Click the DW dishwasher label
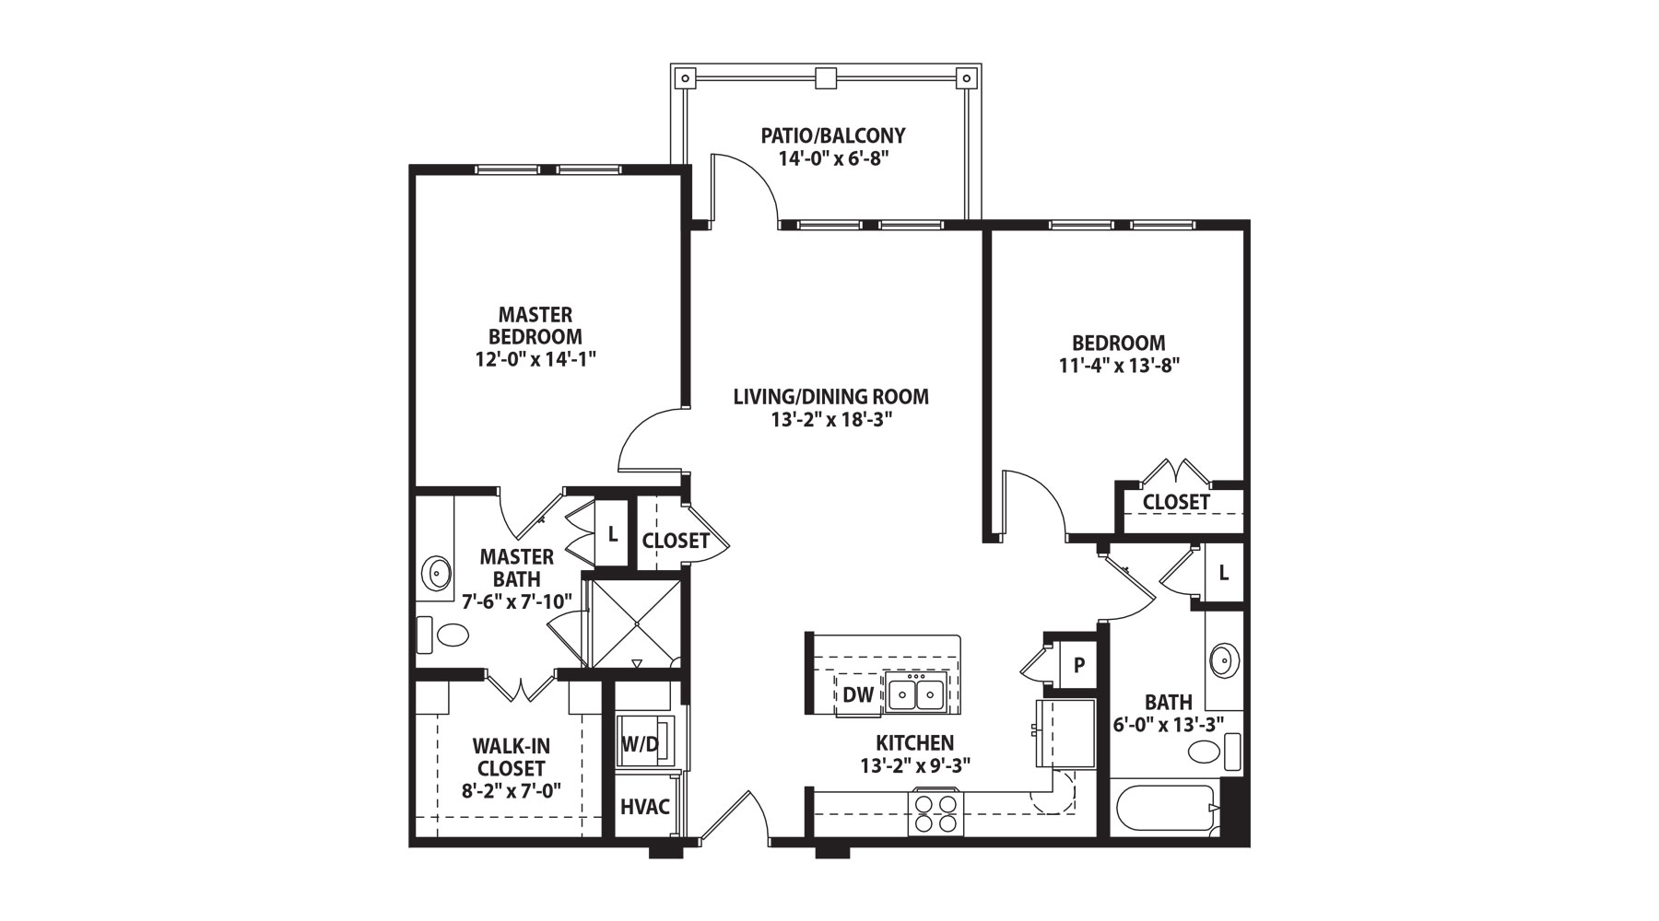click(858, 694)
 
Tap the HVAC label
click(644, 807)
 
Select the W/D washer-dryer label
click(640, 743)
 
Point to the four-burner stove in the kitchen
click(936, 813)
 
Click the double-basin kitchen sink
click(917, 694)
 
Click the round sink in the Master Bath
click(436, 573)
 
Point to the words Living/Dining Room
click(830, 397)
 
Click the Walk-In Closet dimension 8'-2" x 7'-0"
click(512, 789)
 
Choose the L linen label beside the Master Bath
click(612, 534)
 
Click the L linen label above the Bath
click(1223, 572)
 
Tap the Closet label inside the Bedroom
click(1176, 502)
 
